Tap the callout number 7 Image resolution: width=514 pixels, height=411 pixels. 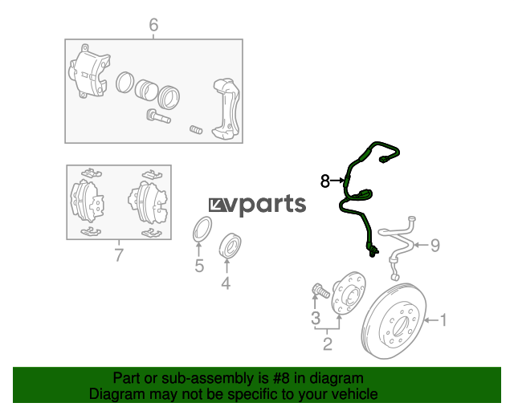pos(118,256)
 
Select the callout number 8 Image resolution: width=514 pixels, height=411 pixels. pos(325,182)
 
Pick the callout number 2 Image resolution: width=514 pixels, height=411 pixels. pos(328,345)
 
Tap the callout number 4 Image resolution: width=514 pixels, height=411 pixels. pos(226,283)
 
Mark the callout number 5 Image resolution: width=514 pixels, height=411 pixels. pos(199,266)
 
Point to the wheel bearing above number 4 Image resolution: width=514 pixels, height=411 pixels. pos(230,243)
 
